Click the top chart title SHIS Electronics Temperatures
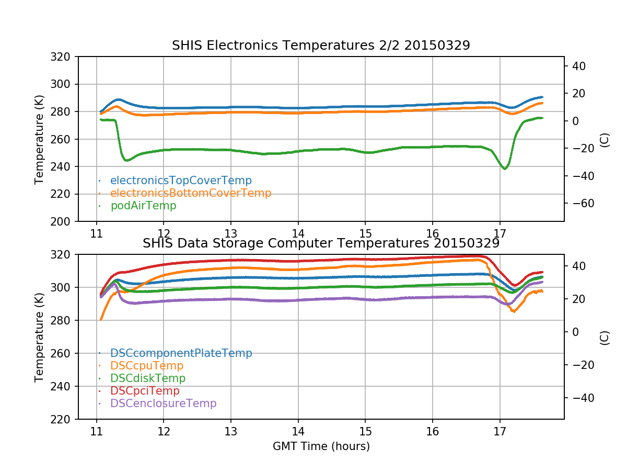pyautogui.click(x=321, y=46)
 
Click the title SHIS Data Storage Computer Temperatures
pyautogui.click(x=321, y=243)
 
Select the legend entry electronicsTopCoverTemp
pyautogui.click(x=181, y=181)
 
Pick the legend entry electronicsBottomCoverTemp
pyautogui.click(x=191, y=193)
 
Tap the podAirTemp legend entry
pyautogui.click(x=143, y=206)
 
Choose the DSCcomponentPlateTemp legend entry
pyautogui.click(x=181, y=353)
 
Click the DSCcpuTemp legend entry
pyautogui.click(x=147, y=366)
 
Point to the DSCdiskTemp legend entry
pyautogui.click(x=148, y=378)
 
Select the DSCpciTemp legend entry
pyautogui.click(x=145, y=391)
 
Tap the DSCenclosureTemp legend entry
pyautogui.click(x=163, y=403)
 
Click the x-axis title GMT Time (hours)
pyautogui.click(x=321, y=446)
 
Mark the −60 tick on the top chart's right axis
pyautogui.click(x=580, y=203)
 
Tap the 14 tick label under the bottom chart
pyautogui.click(x=298, y=431)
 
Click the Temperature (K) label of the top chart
pyautogui.click(x=39, y=139)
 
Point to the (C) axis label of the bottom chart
pyautogui.click(x=605, y=337)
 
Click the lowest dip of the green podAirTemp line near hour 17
pyautogui.click(x=505, y=169)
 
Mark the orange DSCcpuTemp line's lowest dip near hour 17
pyautogui.click(x=514, y=312)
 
